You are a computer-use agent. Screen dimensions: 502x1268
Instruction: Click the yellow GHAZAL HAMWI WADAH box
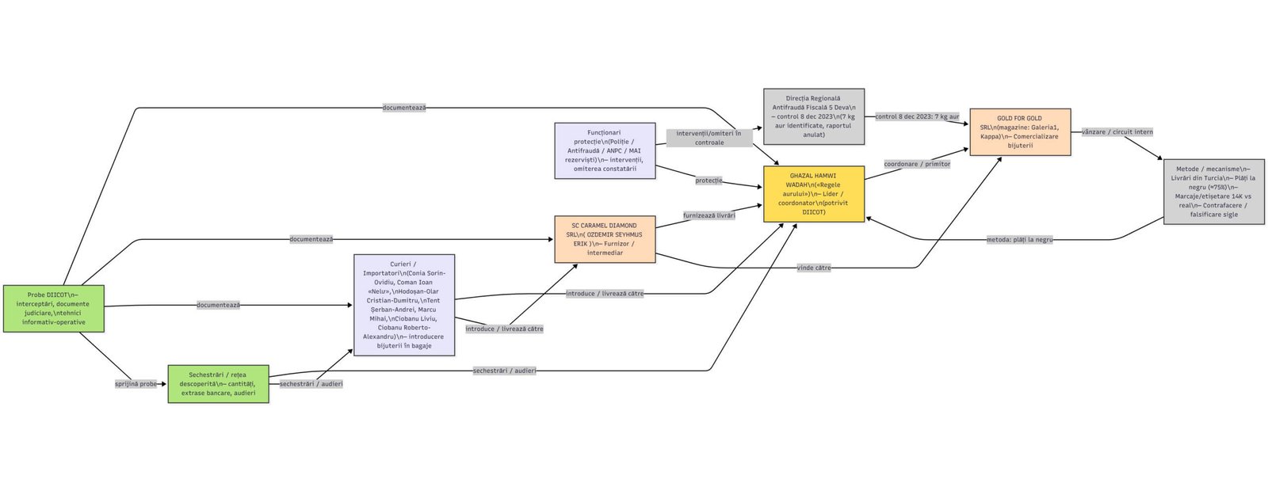[813, 194]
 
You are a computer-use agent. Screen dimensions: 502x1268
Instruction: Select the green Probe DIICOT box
[53, 308]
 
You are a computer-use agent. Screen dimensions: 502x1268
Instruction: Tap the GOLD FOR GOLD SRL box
[1019, 131]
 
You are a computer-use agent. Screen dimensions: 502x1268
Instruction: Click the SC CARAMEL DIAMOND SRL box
[605, 239]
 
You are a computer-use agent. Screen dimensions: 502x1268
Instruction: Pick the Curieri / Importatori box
[404, 305]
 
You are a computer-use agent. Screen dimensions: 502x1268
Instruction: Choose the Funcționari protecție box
[605, 150]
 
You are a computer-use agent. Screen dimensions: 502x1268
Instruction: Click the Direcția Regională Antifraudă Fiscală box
[813, 116]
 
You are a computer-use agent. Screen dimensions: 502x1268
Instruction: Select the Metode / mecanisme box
[1213, 192]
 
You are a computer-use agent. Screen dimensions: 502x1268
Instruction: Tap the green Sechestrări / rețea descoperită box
[218, 383]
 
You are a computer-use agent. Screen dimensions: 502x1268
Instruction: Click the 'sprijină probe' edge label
[136, 384]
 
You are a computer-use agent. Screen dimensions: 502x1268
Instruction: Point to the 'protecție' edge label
[708, 181]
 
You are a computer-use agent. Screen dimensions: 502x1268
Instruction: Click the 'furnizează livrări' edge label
[708, 215]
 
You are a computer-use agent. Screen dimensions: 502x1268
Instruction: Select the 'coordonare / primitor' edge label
[916, 164]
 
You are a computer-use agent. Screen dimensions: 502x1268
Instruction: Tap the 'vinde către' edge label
[813, 268]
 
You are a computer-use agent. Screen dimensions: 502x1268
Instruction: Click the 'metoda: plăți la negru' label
[1019, 239]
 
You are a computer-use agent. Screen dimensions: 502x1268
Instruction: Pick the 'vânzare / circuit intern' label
[1117, 132]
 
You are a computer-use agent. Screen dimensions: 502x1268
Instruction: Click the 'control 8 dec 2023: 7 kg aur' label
[916, 116]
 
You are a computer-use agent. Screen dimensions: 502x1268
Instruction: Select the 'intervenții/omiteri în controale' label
[708, 138]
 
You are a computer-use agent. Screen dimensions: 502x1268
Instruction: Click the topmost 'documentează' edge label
[404, 108]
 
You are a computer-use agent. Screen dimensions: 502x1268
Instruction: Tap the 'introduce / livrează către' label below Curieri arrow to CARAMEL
[504, 329]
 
